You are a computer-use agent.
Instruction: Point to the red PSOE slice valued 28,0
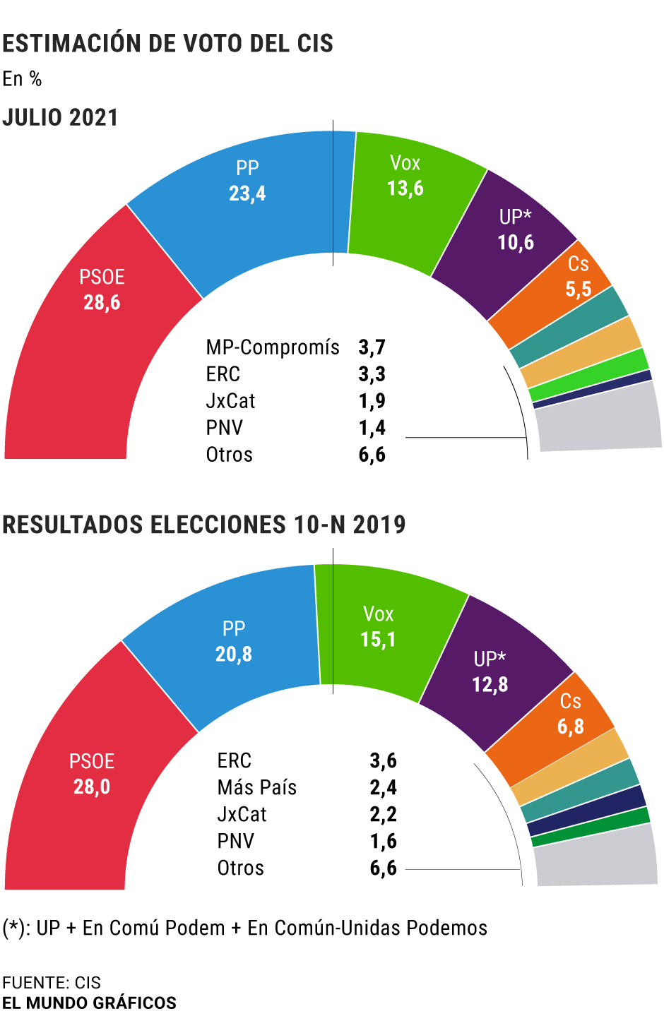click(x=92, y=798)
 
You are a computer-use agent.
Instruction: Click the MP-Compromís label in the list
click(x=273, y=347)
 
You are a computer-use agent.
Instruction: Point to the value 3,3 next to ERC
click(x=372, y=374)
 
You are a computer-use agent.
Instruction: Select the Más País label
click(x=257, y=787)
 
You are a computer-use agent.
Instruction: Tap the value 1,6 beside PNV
click(x=383, y=841)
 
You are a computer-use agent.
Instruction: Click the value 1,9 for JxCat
click(x=372, y=401)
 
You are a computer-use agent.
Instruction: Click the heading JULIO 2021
click(x=61, y=117)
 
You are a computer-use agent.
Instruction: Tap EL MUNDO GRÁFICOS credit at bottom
click(x=89, y=1003)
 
